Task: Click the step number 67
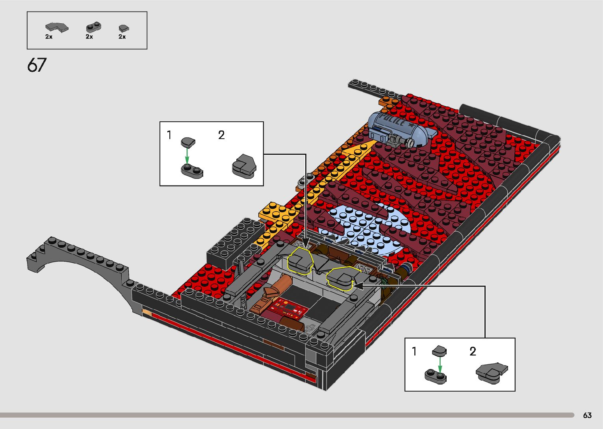[37, 65]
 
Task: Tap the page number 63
[587, 415]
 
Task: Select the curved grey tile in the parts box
[57, 28]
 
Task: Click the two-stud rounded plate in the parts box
[94, 27]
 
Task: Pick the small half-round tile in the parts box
[124, 28]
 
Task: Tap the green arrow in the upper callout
[187, 156]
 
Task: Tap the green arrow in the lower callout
[440, 365]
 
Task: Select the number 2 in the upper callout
[221, 135]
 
